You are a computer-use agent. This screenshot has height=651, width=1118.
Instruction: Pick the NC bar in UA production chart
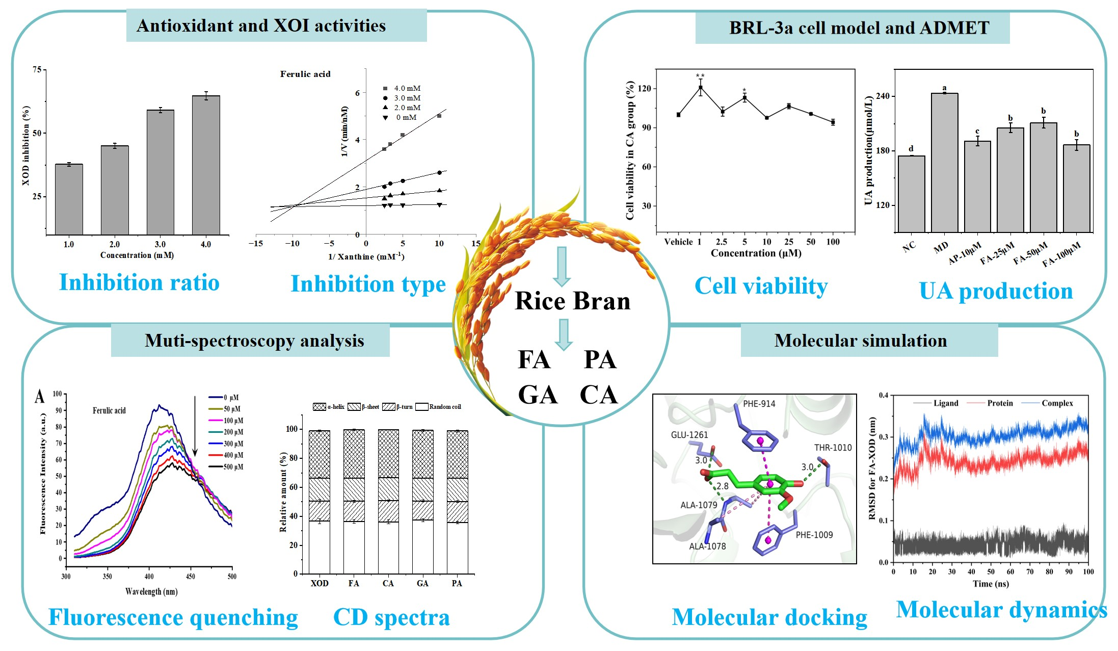pos(911,194)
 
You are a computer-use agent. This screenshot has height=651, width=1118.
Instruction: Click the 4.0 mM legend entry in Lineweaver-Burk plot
pos(402,88)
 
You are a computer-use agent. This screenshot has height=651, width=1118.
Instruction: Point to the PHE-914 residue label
pos(759,404)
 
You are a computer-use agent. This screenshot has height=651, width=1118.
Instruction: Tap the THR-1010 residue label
pos(833,448)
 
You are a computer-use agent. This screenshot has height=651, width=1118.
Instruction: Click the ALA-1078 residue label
pos(707,546)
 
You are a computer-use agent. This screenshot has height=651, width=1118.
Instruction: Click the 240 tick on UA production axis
pos(882,96)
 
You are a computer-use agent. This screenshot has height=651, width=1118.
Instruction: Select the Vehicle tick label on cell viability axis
pos(678,242)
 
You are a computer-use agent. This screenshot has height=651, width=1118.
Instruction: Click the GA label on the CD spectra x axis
pos(422,583)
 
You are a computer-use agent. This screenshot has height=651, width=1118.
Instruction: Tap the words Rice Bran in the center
pos(572,301)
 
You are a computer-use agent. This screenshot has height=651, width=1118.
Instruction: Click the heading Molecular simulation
pos(861,341)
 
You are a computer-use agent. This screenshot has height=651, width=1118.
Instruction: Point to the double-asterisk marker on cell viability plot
pos(700,76)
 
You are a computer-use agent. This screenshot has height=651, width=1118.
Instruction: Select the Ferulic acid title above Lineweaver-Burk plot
pos(305,74)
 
